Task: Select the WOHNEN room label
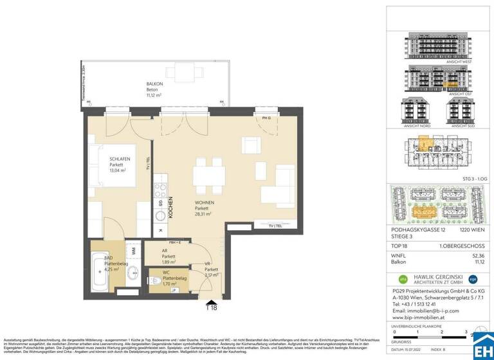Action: [x=206, y=203]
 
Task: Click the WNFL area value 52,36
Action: [x=478, y=255]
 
